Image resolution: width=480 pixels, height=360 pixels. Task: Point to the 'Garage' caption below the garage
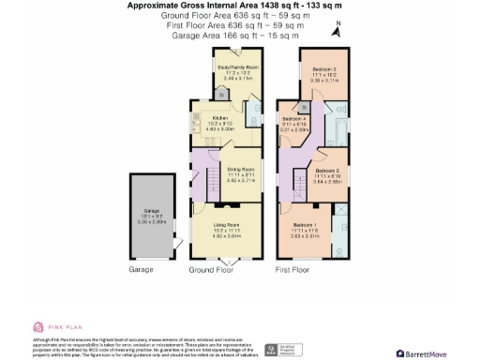tap(141, 270)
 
